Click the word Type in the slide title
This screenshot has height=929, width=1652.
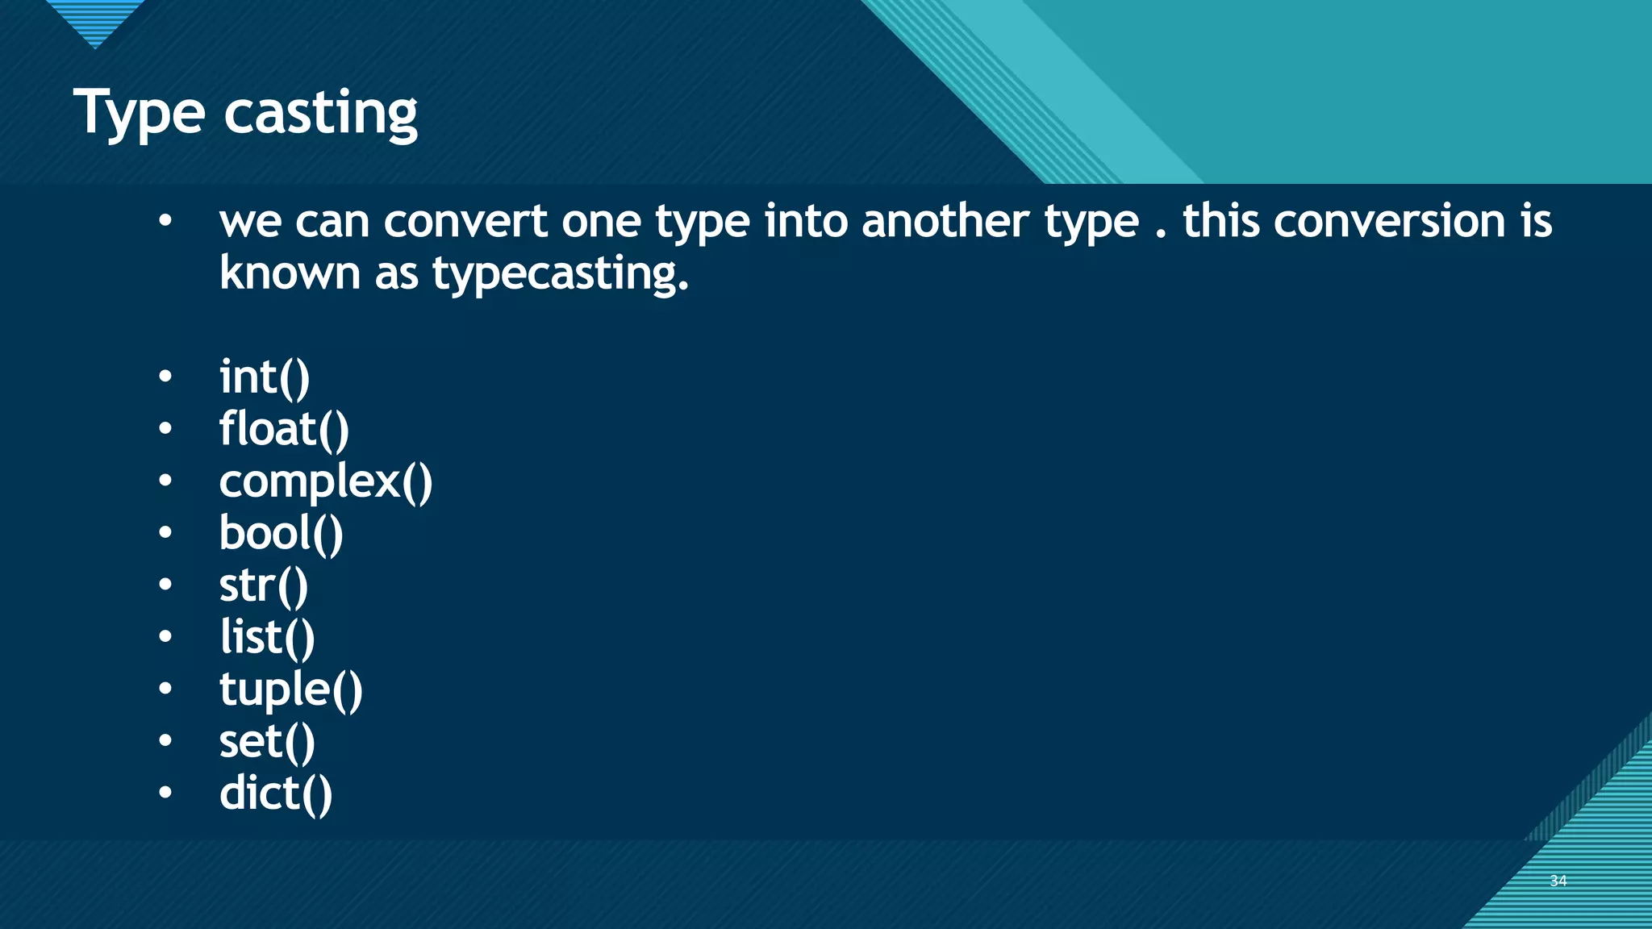(139, 114)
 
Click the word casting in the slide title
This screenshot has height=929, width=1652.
(320, 114)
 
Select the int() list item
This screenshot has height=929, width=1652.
(265, 377)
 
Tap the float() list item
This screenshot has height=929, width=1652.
(284, 429)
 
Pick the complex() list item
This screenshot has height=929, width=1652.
(326, 481)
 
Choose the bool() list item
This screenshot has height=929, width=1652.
(282, 533)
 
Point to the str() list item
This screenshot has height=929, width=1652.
(264, 585)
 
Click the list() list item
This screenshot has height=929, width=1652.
(267, 637)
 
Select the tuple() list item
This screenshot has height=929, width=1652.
(291, 690)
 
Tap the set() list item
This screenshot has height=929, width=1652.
(267, 741)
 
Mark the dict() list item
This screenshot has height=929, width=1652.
(276, 794)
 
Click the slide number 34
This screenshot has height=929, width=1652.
(1558, 881)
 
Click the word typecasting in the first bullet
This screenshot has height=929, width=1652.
(560, 274)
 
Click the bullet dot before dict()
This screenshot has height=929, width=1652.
(165, 793)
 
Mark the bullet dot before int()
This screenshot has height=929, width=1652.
(165, 377)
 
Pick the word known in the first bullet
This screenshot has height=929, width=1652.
(290, 273)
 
